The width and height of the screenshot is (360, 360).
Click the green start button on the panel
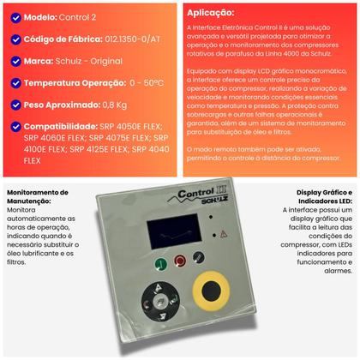161,263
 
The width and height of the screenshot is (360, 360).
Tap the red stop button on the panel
180,261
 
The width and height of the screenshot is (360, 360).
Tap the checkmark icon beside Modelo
11,16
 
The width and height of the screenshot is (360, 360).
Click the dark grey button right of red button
199,260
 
